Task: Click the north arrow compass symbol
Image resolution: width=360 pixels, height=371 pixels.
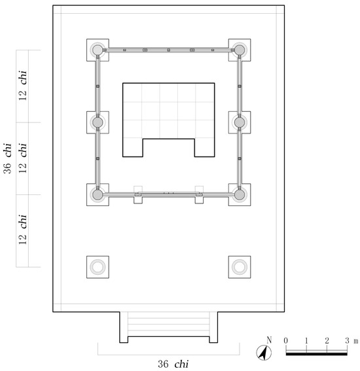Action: pyautogui.click(x=264, y=353)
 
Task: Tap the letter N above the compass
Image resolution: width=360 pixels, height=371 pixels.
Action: pyautogui.click(x=269, y=340)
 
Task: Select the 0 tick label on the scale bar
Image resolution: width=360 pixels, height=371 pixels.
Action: pyautogui.click(x=286, y=341)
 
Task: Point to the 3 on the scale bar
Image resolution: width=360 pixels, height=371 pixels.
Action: pyautogui.click(x=347, y=341)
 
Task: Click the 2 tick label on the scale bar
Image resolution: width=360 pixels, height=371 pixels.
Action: pyautogui.click(x=327, y=341)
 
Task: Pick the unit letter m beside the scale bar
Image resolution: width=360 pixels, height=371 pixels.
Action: pyautogui.click(x=355, y=342)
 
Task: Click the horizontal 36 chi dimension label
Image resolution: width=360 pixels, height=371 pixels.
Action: pyautogui.click(x=173, y=364)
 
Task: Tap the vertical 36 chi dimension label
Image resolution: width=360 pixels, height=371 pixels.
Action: pyautogui.click(x=7, y=158)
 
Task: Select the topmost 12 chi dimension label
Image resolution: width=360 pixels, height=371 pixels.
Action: pyautogui.click(x=23, y=86)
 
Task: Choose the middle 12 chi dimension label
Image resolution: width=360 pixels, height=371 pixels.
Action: pyautogui.click(x=23, y=158)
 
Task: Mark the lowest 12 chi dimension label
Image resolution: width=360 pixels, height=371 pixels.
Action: pyautogui.click(x=23, y=230)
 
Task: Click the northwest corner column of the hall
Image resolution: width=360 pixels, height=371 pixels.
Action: pyautogui.click(x=98, y=50)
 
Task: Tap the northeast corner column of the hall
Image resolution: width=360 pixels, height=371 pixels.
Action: pyautogui.click(x=240, y=50)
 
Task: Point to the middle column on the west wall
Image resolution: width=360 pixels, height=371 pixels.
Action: pyautogui.click(x=98, y=122)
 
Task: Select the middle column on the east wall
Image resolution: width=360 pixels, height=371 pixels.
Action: pyautogui.click(x=240, y=122)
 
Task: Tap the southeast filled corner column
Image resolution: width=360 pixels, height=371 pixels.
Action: pyautogui.click(x=240, y=195)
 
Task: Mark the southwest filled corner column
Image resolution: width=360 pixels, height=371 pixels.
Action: pyautogui.click(x=98, y=195)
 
